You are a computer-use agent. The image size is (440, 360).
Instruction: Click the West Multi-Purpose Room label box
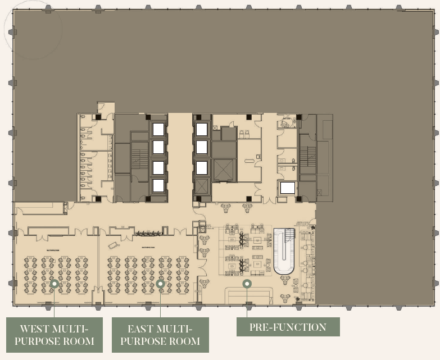[x=54, y=335]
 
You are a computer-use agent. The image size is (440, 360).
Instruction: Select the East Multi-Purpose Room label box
[x=160, y=335]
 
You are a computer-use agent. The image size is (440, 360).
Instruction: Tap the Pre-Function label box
[x=288, y=327]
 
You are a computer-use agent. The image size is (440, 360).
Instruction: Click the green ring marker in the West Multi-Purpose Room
[x=54, y=284]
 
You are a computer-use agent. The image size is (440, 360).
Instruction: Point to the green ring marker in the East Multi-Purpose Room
[x=160, y=284]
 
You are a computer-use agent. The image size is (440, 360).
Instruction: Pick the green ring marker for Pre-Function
[x=246, y=284]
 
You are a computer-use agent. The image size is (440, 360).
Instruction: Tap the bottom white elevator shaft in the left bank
[x=158, y=185]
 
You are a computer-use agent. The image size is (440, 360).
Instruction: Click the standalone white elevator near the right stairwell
[x=288, y=188]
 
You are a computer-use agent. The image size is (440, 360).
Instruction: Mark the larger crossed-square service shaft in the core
[x=224, y=168]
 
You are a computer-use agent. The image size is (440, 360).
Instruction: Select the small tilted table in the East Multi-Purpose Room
[x=113, y=245]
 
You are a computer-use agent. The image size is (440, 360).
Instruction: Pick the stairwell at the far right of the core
[x=307, y=157]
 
